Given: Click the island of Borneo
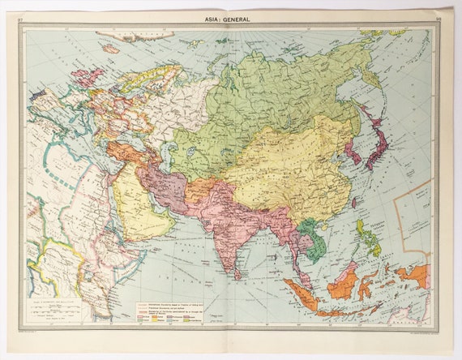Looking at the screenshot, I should point(343,285).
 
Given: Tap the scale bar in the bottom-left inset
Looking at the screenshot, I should point(57,313).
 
